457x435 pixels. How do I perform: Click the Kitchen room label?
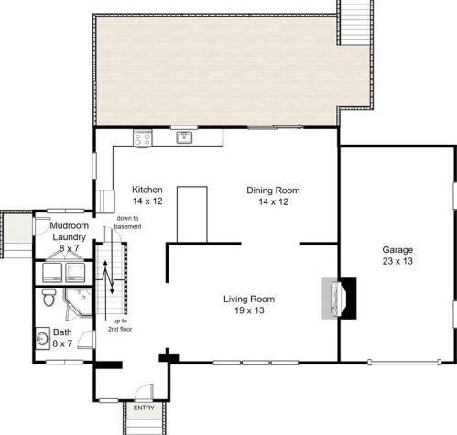[147, 190]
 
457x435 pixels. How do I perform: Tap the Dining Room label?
[273, 190]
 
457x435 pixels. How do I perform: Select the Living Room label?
[249, 299]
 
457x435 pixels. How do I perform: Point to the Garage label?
[397, 250]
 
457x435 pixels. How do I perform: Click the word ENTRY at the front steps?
[144, 408]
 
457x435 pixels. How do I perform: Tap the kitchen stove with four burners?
[143, 138]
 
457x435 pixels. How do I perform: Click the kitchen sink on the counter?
[184, 137]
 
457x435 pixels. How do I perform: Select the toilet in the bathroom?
[49, 298]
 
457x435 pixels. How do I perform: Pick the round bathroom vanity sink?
[42, 338]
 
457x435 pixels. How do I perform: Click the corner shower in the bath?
[79, 301]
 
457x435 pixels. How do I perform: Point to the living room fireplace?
[339, 299]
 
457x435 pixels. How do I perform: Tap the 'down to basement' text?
[127, 223]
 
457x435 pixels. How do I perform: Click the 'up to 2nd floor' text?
[120, 325]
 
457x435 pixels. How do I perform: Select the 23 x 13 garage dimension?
[397, 261]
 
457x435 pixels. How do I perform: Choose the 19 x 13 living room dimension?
[249, 310]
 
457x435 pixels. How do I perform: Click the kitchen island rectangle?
[192, 214]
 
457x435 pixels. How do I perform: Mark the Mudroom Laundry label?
[70, 231]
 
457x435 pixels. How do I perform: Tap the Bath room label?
[62, 332]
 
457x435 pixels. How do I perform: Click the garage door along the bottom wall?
[405, 363]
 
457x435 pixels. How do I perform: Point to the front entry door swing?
[144, 392]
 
